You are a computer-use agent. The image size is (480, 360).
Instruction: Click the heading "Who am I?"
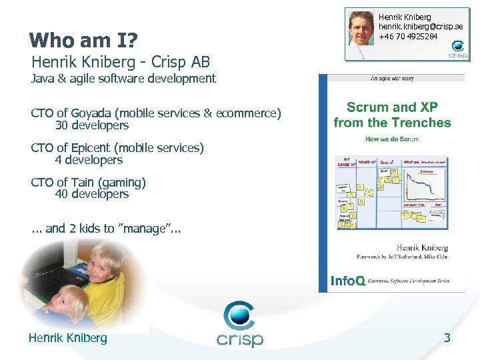pos(84,41)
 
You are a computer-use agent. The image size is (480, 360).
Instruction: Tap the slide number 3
pos(447,338)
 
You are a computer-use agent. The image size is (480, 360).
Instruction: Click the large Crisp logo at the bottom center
pos(240,325)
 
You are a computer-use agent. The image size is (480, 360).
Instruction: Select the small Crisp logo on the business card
pos(458,50)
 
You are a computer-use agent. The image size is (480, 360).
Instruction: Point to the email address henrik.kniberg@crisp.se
pos(421,27)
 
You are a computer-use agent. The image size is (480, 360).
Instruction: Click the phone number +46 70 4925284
pos(408,36)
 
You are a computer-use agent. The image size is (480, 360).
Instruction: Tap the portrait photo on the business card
pos(361,29)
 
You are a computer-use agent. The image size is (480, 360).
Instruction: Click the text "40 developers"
pos(92,194)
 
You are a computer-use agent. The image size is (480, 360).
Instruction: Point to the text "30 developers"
pos(92,125)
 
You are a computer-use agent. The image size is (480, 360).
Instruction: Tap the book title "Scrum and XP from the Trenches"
pos(392,115)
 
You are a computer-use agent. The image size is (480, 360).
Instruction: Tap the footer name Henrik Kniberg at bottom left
pos(67,338)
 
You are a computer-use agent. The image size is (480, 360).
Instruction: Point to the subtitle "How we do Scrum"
pos(392,140)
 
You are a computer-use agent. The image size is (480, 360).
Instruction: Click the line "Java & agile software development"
pos(123,79)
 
